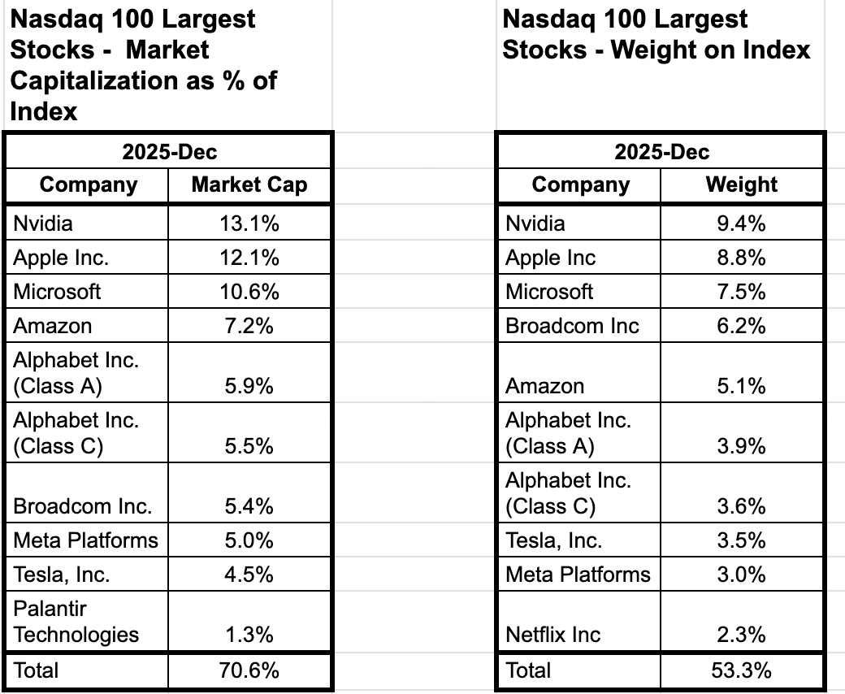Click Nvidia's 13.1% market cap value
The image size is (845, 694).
tap(249, 223)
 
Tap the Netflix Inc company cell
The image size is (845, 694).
tap(552, 634)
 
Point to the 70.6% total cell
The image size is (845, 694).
tap(249, 670)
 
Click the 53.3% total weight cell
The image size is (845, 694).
tap(741, 670)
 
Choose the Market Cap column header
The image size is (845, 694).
tap(249, 184)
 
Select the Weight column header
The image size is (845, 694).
tap(741, 184)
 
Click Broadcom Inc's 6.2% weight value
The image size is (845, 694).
tap(741, 326)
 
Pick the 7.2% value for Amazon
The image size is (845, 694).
tap(249, 326)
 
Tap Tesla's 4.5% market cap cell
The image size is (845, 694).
tap(249, 575)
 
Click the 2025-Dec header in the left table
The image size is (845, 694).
tap(169, 152)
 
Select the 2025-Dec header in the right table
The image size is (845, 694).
tap(661, 152)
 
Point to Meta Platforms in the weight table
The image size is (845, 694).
tap(578, 575)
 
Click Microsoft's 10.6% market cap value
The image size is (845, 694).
tap(249, 292)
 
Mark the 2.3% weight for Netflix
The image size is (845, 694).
tap(741, 634)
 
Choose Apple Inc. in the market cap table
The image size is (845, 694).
tap(61, 258)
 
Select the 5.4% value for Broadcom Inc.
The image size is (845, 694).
tap(249, 506)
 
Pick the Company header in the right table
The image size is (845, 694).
tap(580, 184)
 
